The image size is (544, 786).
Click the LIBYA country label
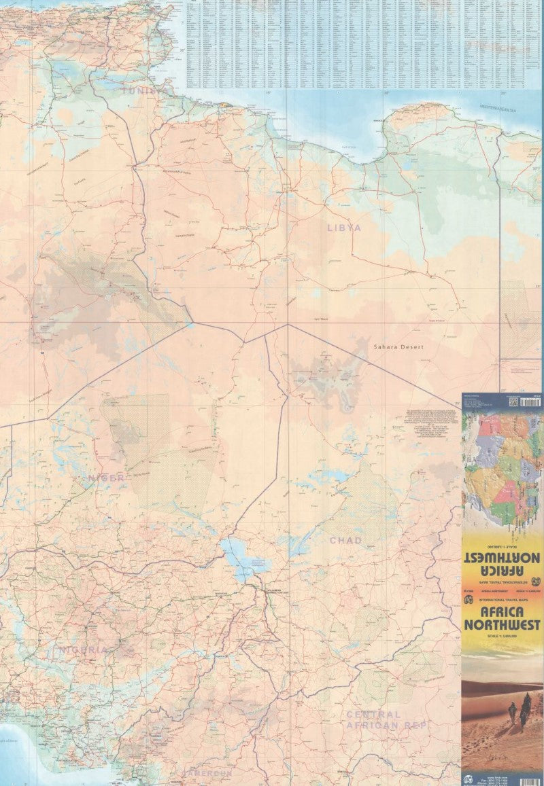[x=343, y=228]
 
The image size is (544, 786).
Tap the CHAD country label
[x=345, y=541]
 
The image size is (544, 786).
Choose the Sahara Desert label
[x=398, y=347]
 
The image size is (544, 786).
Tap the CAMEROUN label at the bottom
[x=207, y=774]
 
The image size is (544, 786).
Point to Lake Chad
[x=238, y=556]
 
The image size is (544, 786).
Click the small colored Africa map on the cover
[x=502, y=469]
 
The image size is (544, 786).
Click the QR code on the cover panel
[x=513, y=402]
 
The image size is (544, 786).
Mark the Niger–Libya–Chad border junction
[x=288, y=325]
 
